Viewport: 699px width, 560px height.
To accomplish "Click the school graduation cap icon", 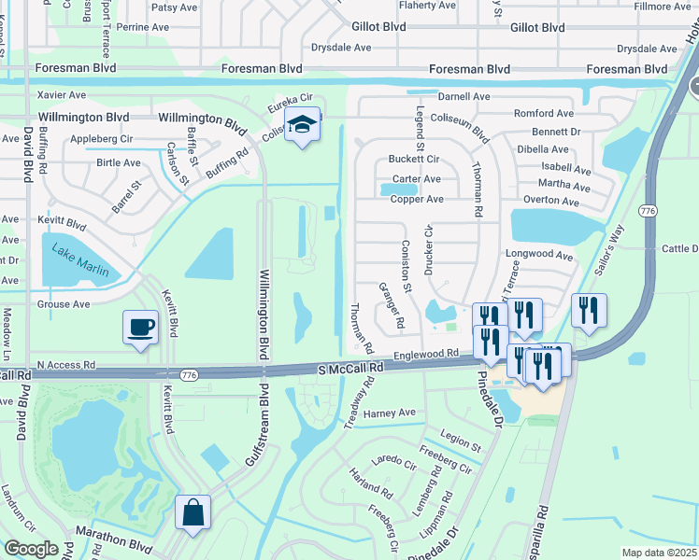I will [x=303, y=124].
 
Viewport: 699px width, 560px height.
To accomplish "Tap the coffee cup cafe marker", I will [x=140, y=328].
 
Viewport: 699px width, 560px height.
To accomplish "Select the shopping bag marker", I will [x=193, y=512].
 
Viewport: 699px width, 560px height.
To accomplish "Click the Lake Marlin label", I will [x=79, y=260].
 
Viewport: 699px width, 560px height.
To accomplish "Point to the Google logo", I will [x=31, y=549].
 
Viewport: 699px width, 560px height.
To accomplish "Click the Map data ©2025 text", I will [x=658, y=553].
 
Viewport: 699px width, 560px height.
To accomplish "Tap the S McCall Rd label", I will [x=351, y=370].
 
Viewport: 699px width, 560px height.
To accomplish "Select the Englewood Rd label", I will [x=427, y=355].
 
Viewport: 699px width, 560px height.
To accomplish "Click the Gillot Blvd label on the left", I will [x=379, y=28].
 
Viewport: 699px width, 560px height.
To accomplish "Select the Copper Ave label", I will [x=417, y=200].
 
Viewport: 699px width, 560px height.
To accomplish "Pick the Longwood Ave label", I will [x=538, y=254].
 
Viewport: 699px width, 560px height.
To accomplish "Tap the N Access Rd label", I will [x=66, y=365].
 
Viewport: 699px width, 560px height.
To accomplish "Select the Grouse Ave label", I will [x=64, y=304].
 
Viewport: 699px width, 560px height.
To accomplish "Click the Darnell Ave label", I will [x=464, y=96].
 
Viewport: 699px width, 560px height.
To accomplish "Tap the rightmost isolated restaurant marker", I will [x=589, y=311].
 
